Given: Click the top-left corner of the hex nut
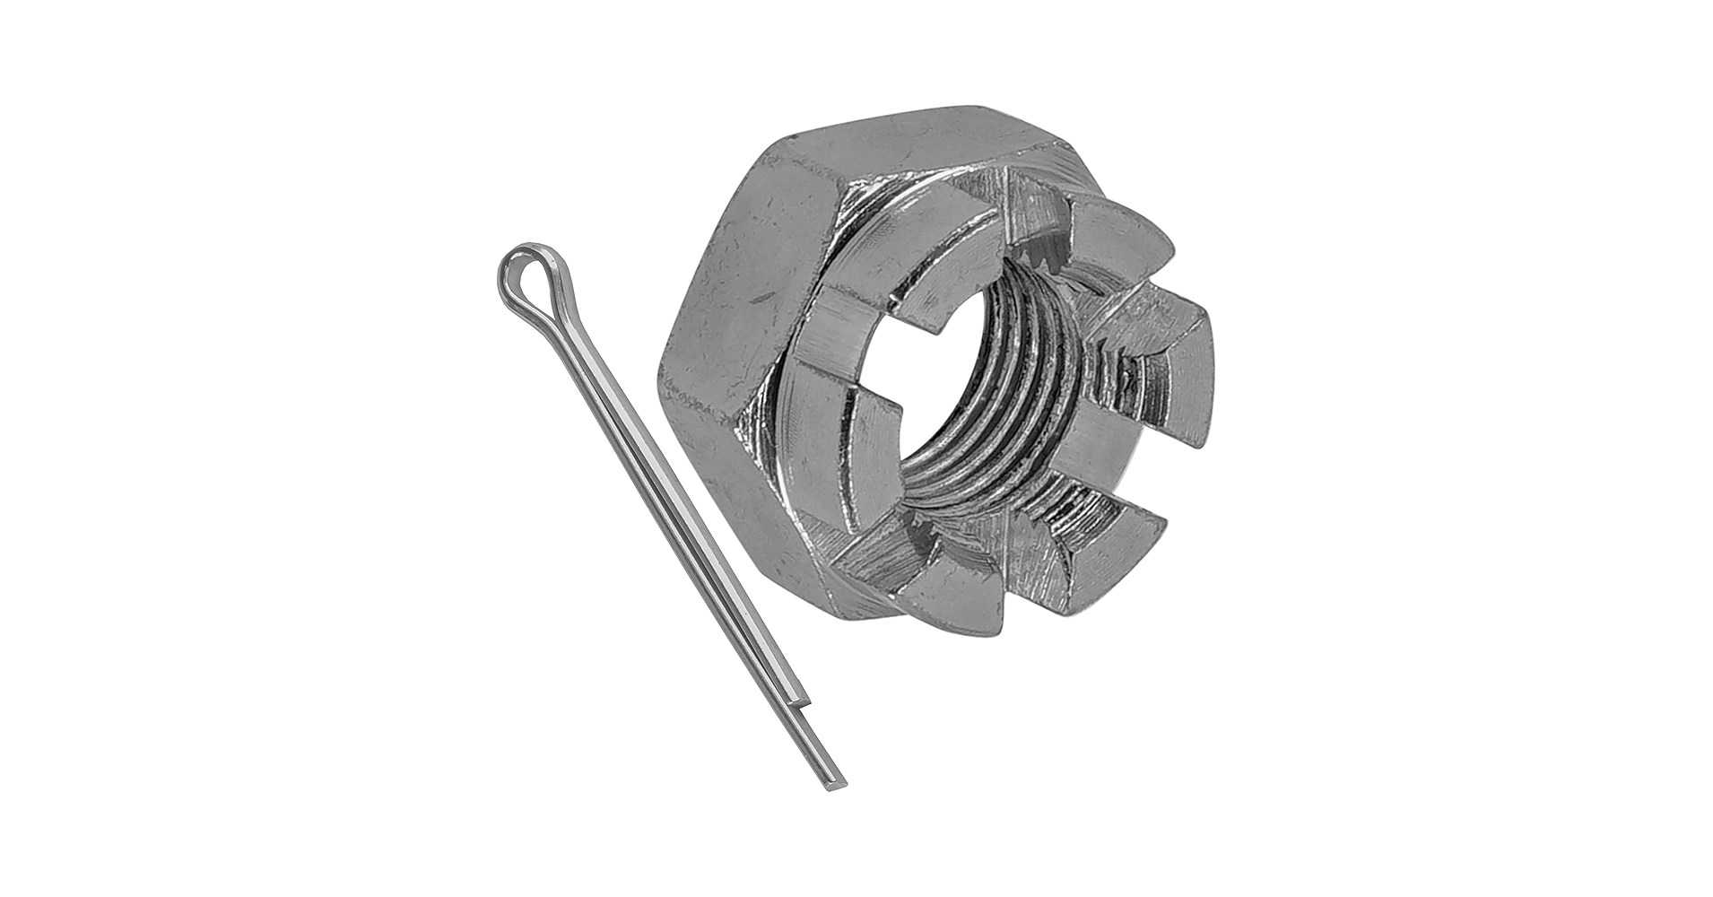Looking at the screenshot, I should (793, 137).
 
